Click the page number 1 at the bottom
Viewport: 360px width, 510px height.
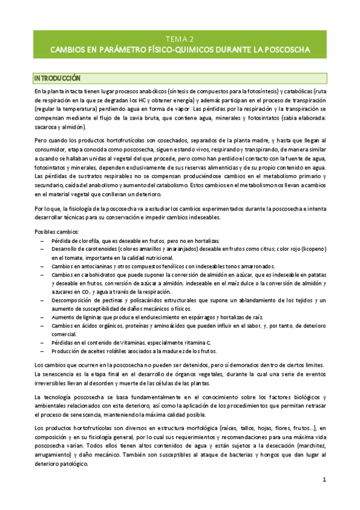[324, 479]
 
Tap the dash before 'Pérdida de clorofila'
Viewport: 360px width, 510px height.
[41, 241]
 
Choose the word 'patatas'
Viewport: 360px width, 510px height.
[314, 274]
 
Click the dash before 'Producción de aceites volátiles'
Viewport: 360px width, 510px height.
[41, 351]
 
